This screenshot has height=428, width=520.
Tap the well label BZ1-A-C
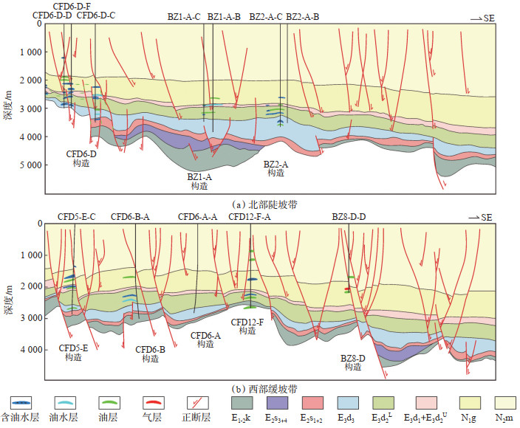pos(184,15)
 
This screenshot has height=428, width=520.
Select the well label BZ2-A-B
pos(303,15)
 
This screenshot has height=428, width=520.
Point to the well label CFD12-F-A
pos(250,217)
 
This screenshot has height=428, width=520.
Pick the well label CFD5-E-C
pos(77,217)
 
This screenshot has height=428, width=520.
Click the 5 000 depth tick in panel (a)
pos(29,165)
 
